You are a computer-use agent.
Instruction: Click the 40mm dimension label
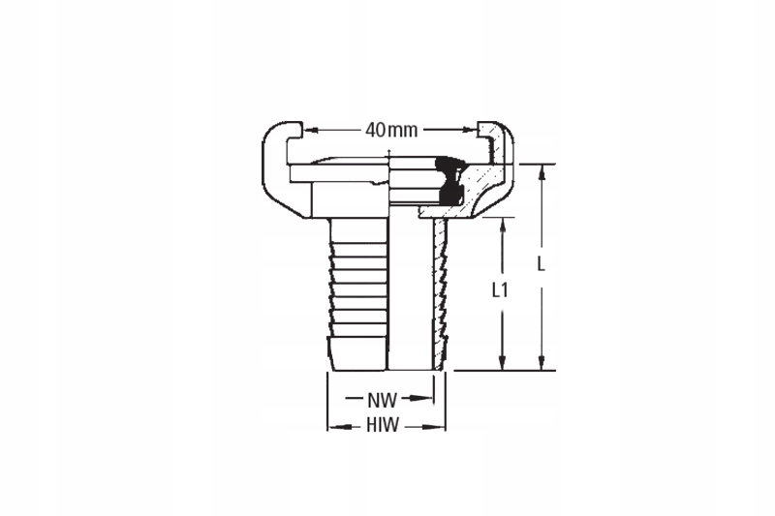(x=390, y=130)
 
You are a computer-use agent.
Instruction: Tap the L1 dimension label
(x=501, y=289)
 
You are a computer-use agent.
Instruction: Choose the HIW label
(x=385, y=425)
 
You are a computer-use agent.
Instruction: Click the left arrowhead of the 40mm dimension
(x=309, y=130)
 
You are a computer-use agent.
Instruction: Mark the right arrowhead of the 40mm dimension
(x=472, y=130)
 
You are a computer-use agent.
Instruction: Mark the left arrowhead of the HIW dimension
(x=332, y=425)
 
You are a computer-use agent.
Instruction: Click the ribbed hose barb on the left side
(x=357, y=290)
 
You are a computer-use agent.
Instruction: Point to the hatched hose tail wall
(x=441, y=290)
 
